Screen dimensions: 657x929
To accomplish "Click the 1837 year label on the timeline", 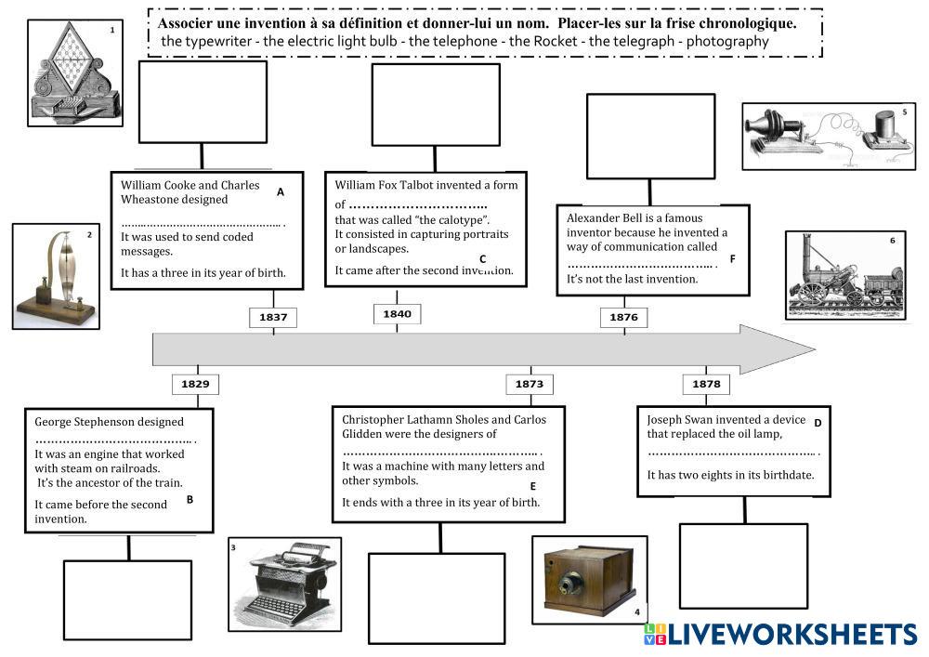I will pos(273,317).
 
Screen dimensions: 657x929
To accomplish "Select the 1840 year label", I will pos(397,314).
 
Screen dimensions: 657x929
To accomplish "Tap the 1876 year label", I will pos(623,317).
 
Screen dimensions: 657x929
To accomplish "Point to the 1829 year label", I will pos(195,383).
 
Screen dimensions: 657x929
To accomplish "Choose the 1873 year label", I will pos(530,383).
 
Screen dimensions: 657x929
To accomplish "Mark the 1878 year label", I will pos(706,383).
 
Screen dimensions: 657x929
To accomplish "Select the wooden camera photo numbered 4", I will pos(590,580).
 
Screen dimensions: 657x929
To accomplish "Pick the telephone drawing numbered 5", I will pos(829,136).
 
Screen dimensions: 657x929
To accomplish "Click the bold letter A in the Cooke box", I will pos(281,192).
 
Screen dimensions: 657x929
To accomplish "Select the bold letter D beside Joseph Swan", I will pos(818,423).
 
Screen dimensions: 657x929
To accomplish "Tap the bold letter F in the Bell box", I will pos(732,258).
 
